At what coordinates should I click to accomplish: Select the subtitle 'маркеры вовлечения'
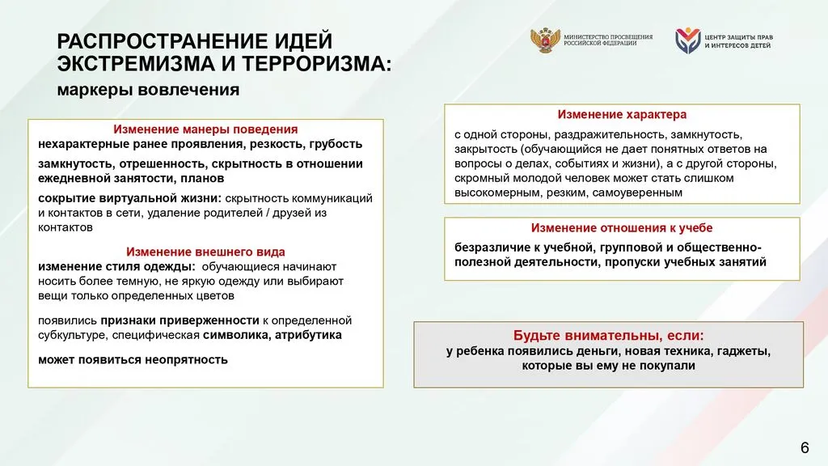click(147, 90)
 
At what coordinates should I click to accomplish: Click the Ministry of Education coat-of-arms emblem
click(543, 40)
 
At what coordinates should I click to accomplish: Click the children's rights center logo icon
click(687, 41)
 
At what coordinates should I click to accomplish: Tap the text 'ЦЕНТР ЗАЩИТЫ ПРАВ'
click(737, 36)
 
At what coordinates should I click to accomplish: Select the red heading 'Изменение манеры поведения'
click(205, 129)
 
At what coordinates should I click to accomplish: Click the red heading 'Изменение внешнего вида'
click(205, 252)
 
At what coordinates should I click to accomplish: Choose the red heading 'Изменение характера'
click(622, 115)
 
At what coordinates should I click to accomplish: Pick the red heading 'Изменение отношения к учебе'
click(622, 228)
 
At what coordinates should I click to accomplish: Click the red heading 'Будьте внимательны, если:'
click(608, 335)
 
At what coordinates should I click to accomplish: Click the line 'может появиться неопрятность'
click(133, 359)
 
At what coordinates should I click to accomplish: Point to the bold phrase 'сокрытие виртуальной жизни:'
click(129, 197)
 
